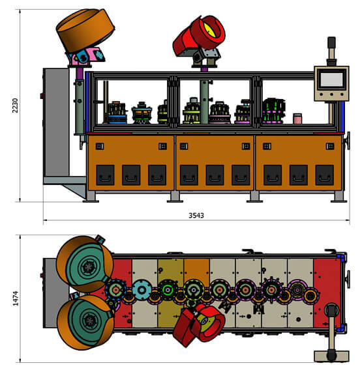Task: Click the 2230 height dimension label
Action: [x=15, y=106]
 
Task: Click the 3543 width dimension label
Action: [x=196, y=216]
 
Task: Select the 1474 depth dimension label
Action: [x=16, y=298]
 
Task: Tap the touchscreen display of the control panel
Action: [x=331, y=79]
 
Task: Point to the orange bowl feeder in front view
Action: [x=85, y=30]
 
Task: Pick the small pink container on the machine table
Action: [x=297, y=119]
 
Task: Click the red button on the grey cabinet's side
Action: [x=42, y=96]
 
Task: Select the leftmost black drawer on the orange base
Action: [x=105, y=175]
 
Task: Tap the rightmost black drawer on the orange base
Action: [x=324, y=175]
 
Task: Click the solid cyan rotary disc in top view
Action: [x=142, y=290]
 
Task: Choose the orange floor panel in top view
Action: [x=197, y=270]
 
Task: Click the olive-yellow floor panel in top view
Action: [x=170, y=293]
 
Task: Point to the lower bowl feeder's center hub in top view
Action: [x=90, y=320]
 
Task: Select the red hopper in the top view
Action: [x=199, y=324]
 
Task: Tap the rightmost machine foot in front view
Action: [x=338, y=197]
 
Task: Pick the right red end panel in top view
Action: [x=327, y=293]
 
